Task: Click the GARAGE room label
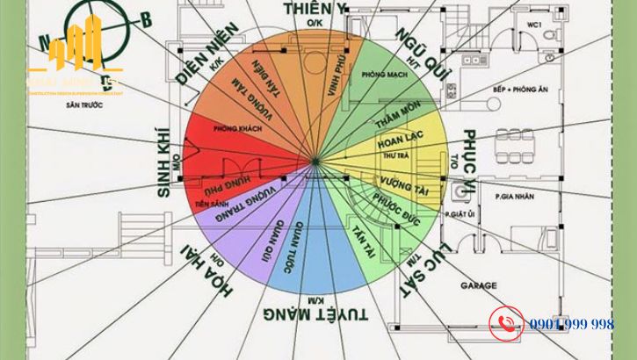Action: pyautogui.click(x=478, y=285)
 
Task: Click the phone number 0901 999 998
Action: pyautogui.click(x=572, y=324)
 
